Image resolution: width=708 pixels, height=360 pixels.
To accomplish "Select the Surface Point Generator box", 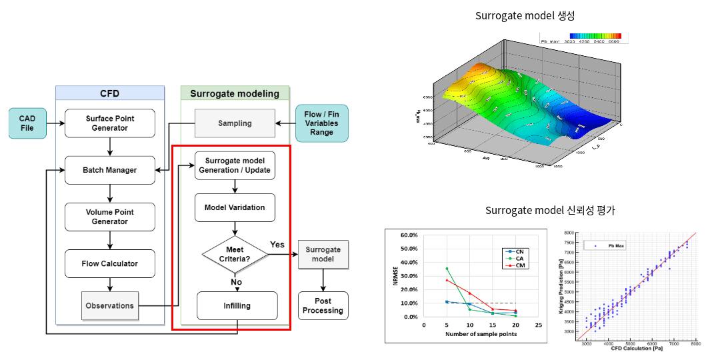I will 110,123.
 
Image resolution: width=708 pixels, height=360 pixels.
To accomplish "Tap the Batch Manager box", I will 110,170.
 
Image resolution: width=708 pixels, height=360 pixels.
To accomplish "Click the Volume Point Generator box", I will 110,217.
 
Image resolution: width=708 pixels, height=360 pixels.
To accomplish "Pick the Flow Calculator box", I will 110,263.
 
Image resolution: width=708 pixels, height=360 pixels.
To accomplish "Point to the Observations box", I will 109,305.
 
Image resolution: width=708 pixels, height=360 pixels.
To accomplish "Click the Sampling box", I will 235,123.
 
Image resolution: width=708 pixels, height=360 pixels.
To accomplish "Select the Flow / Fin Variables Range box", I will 322,123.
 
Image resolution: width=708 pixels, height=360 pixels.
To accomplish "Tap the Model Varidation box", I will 234,207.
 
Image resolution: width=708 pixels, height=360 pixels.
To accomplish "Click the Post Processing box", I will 323,306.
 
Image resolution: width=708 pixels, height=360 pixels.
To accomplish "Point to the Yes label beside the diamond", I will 277,244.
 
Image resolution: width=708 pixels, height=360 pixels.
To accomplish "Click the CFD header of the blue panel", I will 109,93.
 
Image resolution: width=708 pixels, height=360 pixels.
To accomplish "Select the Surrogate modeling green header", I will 235,93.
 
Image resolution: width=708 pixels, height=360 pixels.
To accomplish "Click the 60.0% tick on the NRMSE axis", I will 407,235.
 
